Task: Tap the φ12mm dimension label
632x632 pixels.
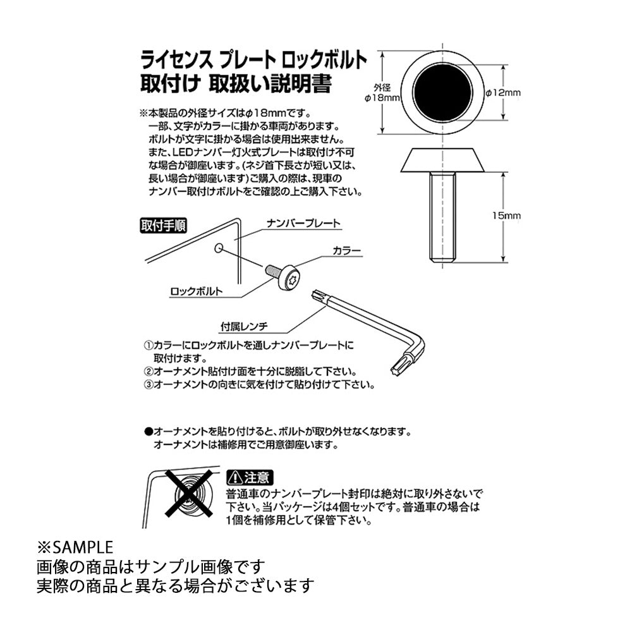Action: (x=502, y=93)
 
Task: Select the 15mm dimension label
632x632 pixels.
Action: (x=506, y=216)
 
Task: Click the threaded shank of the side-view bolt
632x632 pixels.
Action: (x=442, y=217)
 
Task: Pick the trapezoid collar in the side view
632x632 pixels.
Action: (x=442, y=160)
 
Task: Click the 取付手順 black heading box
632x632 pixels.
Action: (x=163, y=226)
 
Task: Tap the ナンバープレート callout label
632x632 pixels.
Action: (x=303, y=223)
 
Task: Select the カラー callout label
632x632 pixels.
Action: (x=346, y=251)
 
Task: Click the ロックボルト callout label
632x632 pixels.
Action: (x=197, y=291)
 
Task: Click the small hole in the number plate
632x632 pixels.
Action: (x=219, y=248)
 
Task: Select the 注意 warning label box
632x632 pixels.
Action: (x=250, y=478)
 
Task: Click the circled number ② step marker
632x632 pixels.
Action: (x=149, y=371)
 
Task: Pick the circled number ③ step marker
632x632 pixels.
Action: (x=149, y=384)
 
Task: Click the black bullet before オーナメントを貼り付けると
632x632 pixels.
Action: (x=149, y=432)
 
